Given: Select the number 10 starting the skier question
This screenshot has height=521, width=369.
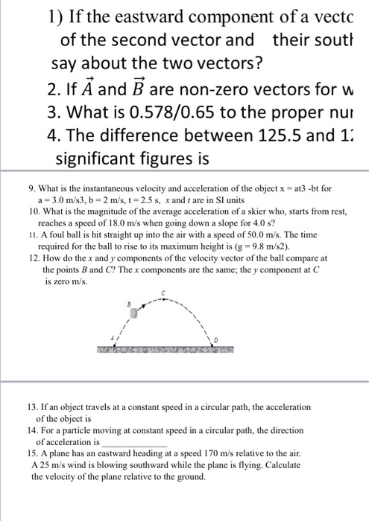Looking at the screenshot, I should click(25, 212).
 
